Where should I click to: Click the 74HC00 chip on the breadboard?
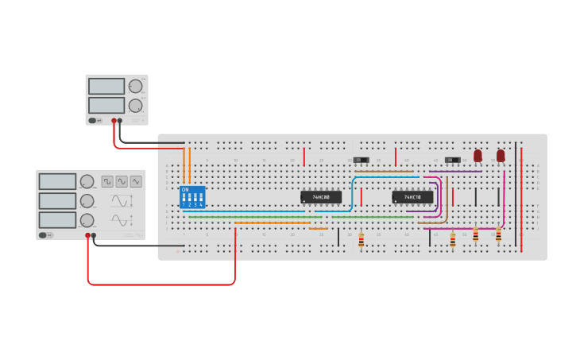pos(321,196)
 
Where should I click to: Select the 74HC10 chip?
pos(412,196)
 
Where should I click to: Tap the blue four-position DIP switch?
pos(192,197)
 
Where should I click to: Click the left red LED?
pos(477,155)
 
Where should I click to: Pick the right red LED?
pos(501,155)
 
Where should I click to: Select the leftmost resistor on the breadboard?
pos(361,239)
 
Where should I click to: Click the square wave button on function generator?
pos(107,181)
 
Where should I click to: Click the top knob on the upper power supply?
pos(136,86)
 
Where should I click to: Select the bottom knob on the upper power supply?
pos(136,105)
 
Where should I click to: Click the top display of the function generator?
pos(58,182)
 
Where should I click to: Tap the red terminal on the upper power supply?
pos(114,121)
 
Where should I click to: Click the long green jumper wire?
pos(302,217)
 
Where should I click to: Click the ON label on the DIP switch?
pos(185,190)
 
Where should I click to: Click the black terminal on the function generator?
pos(94,235)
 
